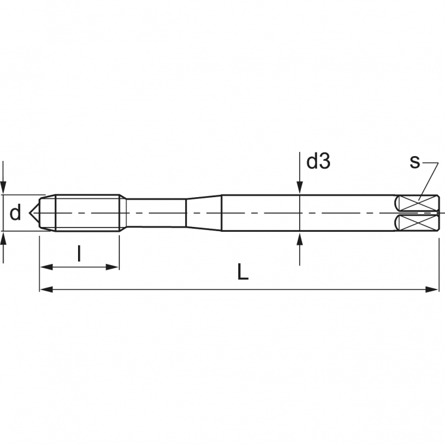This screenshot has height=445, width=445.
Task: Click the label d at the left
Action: click(15, 213)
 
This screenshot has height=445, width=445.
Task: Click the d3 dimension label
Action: click(318, 161)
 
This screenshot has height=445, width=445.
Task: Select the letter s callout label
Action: click(415, 161)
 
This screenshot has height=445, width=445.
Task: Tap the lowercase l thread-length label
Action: click(79, 254)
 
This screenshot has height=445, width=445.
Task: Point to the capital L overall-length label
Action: click(242, 273)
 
